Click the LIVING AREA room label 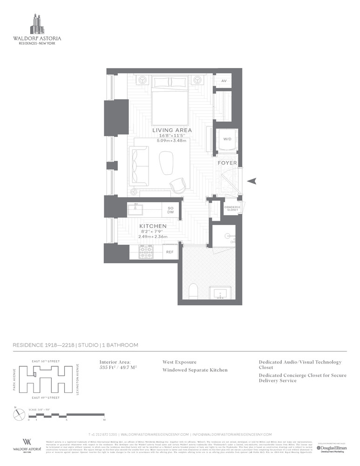click(172, 130)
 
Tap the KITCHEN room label click(153, 226)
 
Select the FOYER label click(227, 163)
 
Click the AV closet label click(224, 81)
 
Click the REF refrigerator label click(170, 253)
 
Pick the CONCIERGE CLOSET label click(231, 208)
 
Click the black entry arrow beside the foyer click(252, 181)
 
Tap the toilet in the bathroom click(194, 292)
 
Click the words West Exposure click(179, 362)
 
